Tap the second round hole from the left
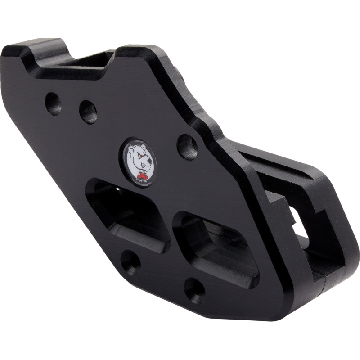(x=88, y=112)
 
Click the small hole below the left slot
(x=130, y=261)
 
